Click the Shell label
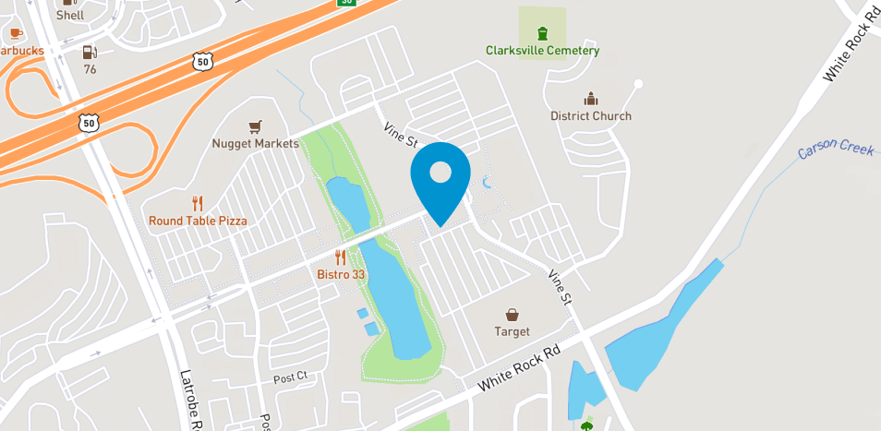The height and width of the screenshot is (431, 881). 70,15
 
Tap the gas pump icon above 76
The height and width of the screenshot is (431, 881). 90,53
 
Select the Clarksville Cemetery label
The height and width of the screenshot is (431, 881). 542,51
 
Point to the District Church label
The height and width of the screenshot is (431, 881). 591,116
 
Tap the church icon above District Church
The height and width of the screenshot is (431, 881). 590,99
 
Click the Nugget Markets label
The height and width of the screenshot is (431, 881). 255,144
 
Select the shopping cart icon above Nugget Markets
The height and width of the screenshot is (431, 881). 256,126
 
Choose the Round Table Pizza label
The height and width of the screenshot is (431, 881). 198,221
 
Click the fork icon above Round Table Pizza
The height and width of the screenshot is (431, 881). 197,203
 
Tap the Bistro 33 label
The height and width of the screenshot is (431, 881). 341,275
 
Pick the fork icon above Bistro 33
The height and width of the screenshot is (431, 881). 341,257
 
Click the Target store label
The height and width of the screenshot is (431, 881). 512,331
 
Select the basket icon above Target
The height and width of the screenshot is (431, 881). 512,315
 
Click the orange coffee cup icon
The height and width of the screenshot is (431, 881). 16,34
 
